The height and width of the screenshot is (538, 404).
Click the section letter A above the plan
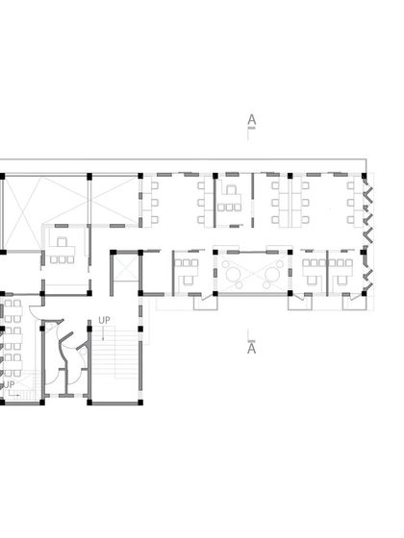251,120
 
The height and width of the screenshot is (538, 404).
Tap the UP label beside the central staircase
103,322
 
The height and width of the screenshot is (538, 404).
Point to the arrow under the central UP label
103,333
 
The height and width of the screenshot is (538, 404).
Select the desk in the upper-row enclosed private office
230,203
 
